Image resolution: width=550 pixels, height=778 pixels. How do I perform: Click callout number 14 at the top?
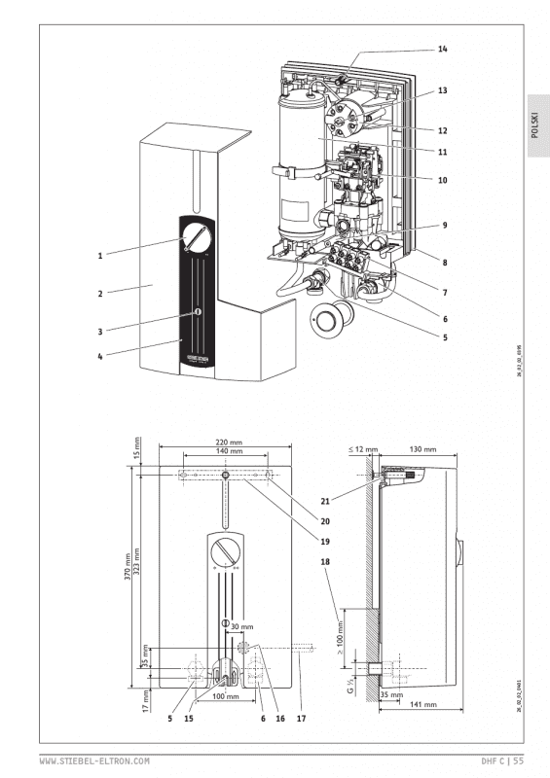pos(442,48)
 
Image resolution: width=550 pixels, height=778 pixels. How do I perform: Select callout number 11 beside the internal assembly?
pos(442,152)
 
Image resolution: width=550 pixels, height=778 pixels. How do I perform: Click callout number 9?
pos(442,226)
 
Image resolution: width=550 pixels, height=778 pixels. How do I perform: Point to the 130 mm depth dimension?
pos(423,451)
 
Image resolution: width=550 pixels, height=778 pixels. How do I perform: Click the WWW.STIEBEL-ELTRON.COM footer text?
pos(94,760)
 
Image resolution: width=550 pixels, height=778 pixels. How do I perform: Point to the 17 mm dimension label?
pos(136,695)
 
